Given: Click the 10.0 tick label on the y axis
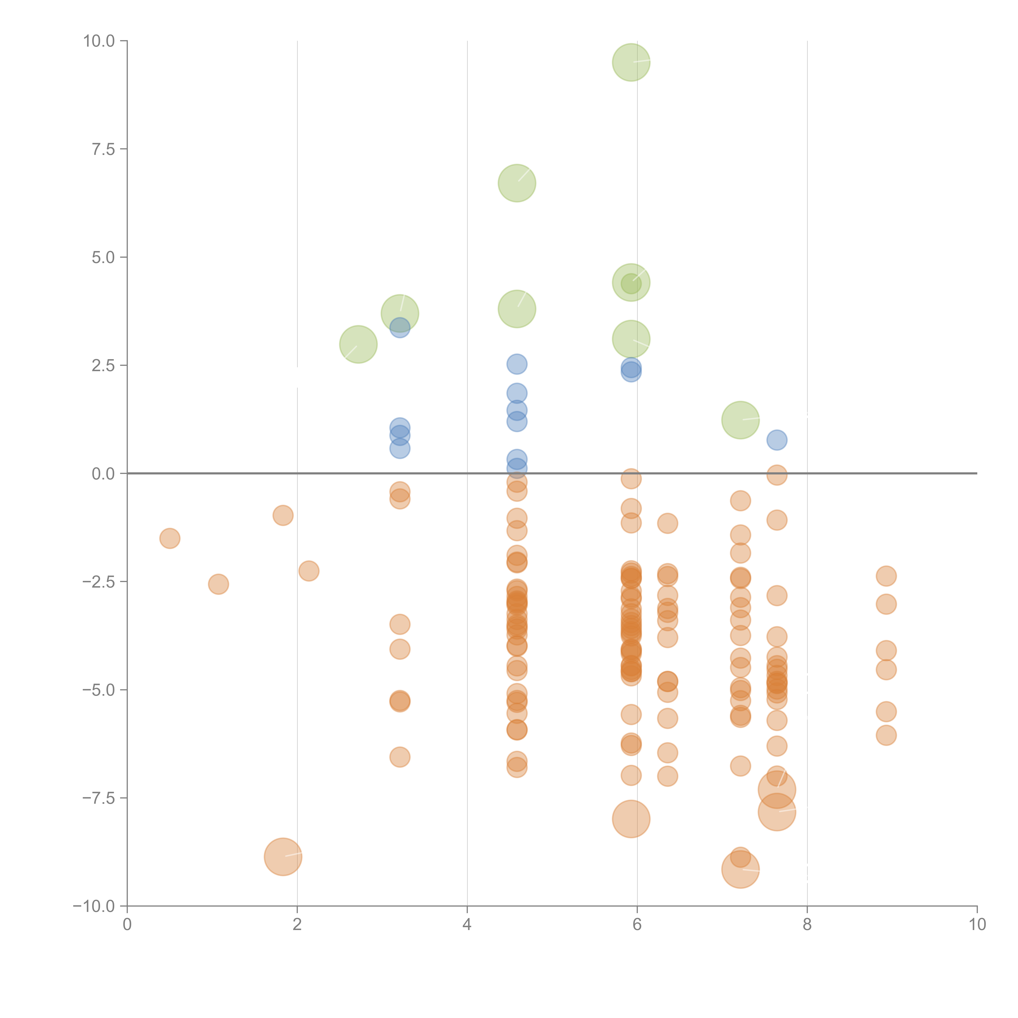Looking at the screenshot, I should coord(99,41).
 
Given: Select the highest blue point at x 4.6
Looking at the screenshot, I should coord(517,364).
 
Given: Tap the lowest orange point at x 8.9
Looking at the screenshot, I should coord(886,735).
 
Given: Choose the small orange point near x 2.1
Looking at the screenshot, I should coord(309,571).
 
